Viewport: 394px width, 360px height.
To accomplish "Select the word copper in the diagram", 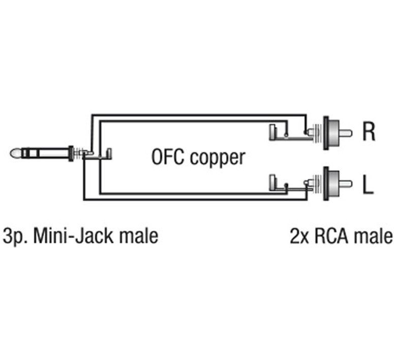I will point(218,159).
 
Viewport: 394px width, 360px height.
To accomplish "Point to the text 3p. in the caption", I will point(14,236).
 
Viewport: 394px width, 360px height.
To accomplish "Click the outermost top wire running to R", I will point(198,115).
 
